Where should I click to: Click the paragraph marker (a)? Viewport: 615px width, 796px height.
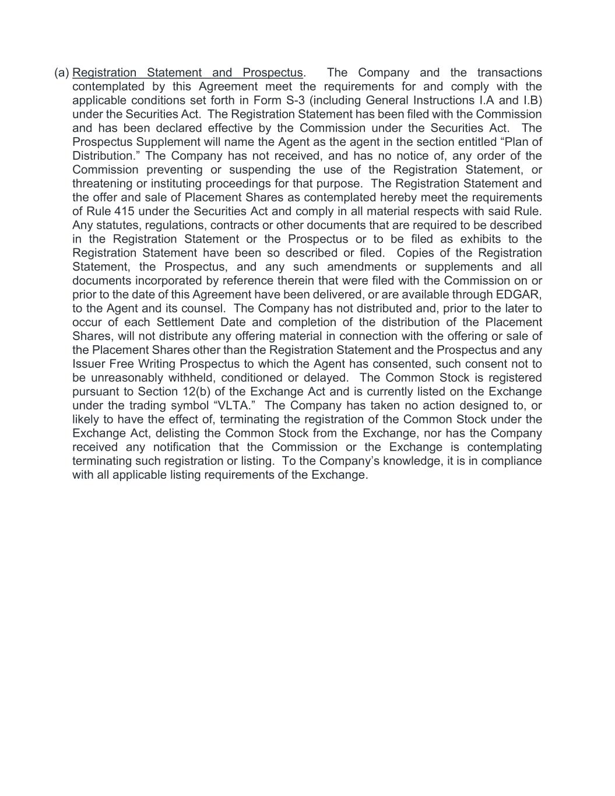(61, 73)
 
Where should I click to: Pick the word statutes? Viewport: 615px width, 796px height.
(110, 225)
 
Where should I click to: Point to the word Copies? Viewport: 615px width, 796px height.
(416, 253)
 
